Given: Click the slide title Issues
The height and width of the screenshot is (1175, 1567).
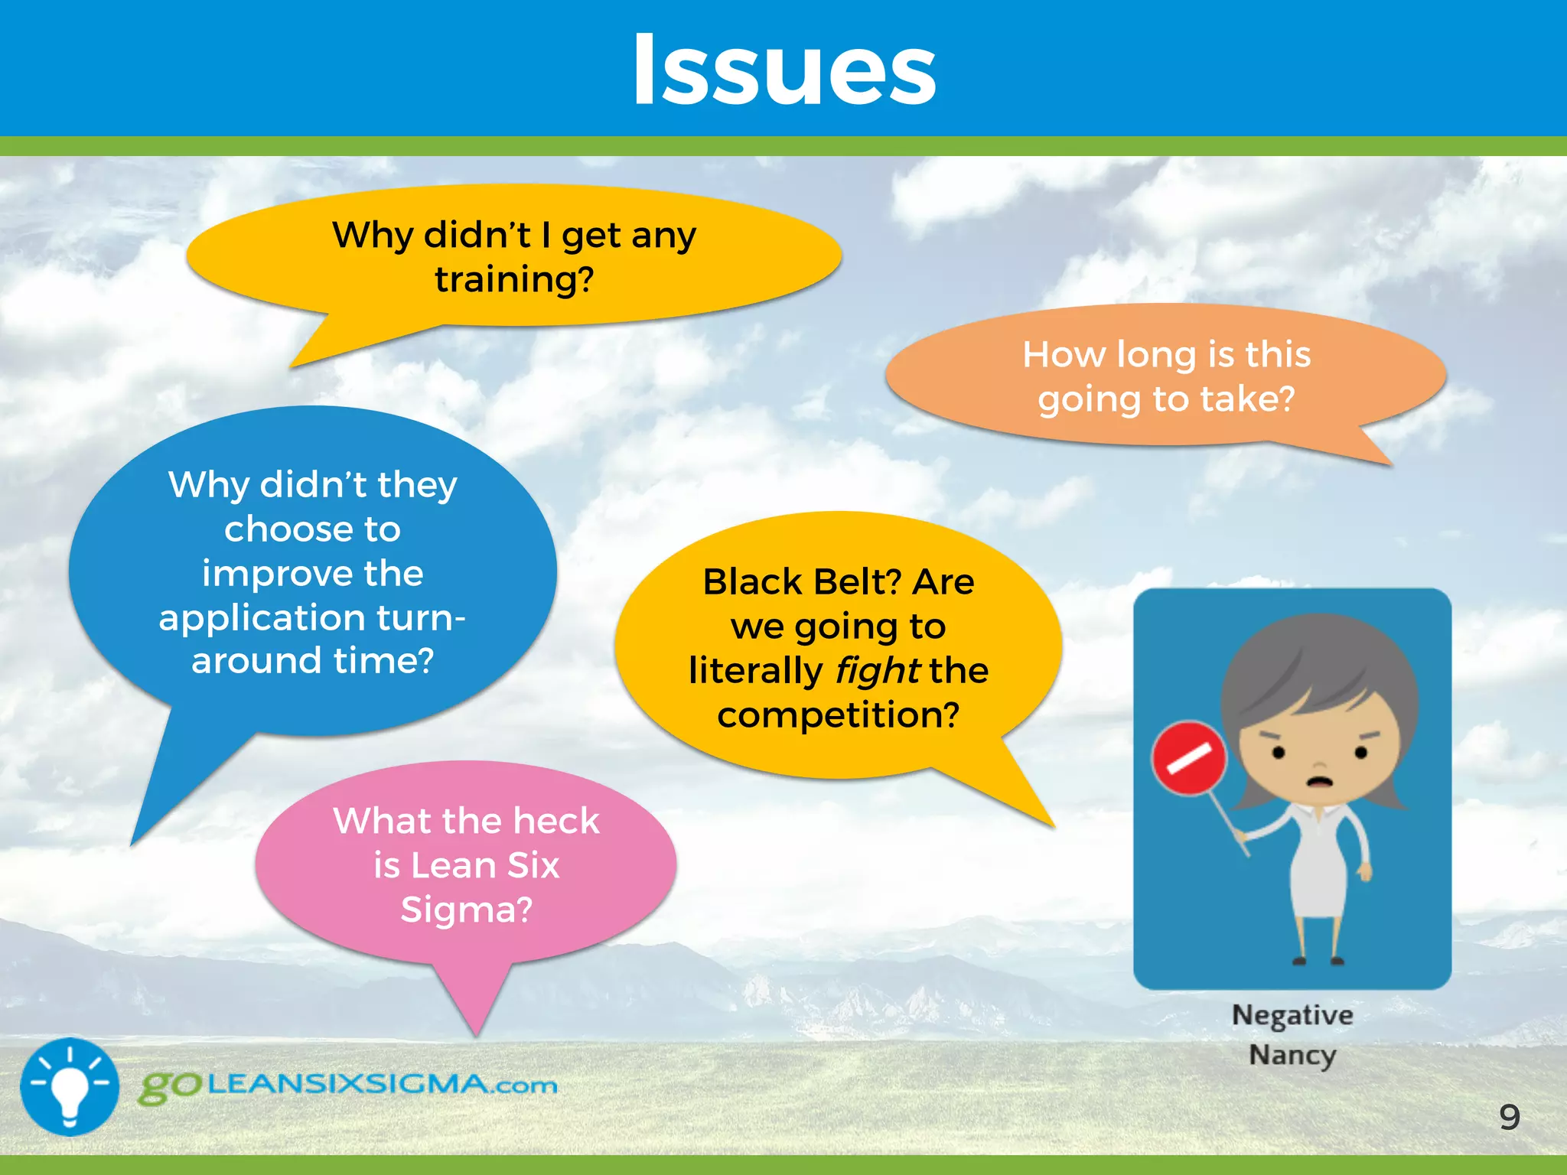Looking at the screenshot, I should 783,70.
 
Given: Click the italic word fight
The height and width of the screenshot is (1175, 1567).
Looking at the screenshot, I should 877,671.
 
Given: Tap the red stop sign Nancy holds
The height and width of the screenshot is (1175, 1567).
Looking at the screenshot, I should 1189,758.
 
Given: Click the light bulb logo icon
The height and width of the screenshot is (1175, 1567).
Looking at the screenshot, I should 70,1086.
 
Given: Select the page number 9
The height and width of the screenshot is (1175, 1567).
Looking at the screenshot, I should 1509,1118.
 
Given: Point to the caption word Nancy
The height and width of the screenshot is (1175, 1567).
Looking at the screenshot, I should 1292,1056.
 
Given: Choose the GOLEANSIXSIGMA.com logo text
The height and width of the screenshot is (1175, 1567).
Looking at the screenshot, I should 348,1085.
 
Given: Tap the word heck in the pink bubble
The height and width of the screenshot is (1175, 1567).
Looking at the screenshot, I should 555,822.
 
